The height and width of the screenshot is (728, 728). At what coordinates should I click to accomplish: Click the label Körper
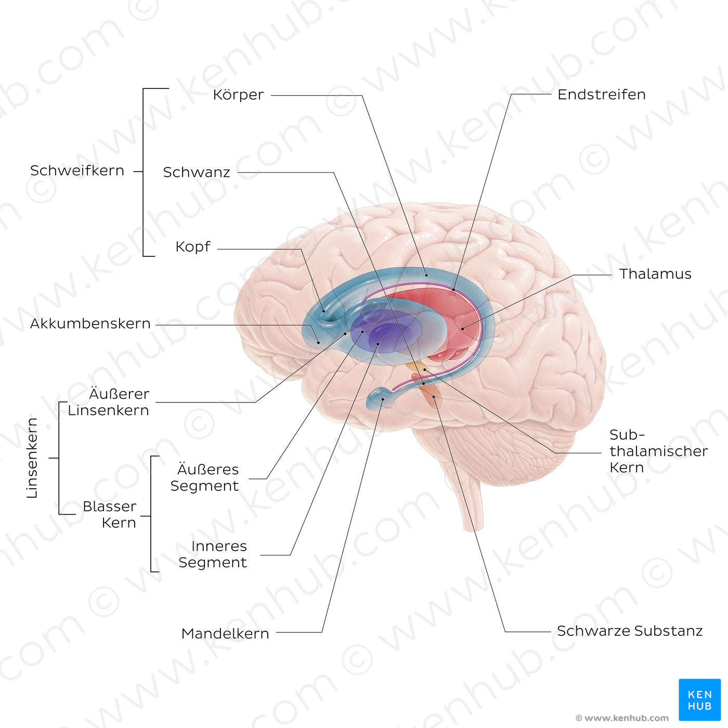click(x=238, y=95)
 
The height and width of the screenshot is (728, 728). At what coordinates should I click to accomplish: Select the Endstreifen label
click(x=601, y=95)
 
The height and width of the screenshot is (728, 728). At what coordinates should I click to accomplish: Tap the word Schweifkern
click(x=77, y=171)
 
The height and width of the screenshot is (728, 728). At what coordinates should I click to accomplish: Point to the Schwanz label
click(x=197, y=172)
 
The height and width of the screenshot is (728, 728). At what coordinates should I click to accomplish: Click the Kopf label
click(x=193, y=246)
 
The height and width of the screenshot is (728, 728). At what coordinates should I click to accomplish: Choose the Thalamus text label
click(x=655, y=274)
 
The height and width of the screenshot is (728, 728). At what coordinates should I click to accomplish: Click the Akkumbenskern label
click(x=90, y=323)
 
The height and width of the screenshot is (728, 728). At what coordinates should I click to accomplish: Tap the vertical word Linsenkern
click(x=32, y=458)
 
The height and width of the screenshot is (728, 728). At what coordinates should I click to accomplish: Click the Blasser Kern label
click(x=110, y=514)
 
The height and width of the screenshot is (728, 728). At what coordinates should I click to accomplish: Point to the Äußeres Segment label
click(x=205, y=477)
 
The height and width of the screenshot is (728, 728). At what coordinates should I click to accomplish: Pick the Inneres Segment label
click(x=213, y=554)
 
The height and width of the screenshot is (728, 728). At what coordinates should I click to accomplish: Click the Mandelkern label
click(x=225, y=633)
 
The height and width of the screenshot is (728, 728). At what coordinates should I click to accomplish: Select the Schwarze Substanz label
click(x=629, y=631)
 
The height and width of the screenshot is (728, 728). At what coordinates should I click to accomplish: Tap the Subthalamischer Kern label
click(x=658, y=451)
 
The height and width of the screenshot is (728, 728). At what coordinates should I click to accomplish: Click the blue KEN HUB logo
click(x=699, y=699)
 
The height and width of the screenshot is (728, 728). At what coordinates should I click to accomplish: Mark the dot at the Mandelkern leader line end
click(x=383, y=399)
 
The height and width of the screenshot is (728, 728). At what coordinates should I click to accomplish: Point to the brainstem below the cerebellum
click(x=471, y=499)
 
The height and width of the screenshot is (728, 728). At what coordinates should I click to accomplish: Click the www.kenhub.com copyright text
click(x=622, y=718)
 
